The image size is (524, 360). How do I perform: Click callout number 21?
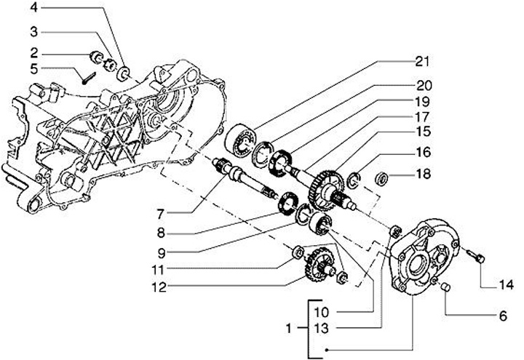pyautogui.click(x=424, y=62)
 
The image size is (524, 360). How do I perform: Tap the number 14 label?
pyautogui.click(x=505, y=285)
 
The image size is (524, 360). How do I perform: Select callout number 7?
pyautogui.click(x=161, y=214)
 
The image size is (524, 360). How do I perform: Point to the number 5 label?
pyautogui.click(x=34, y=69)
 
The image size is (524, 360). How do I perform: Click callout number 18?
pyautogui.click(x=424, y=174)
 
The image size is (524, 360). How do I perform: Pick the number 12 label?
pyautogui.click(x=160, y=287)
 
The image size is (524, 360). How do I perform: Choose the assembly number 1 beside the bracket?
pyautogui.click(x=289, y=329)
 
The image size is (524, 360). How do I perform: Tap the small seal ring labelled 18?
pyautogui.click(x=381, y=178)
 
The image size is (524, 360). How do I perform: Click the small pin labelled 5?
pyautogui.click(x=89, y=79)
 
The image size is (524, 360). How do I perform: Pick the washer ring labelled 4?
pyautogui.click(x=124, y=73)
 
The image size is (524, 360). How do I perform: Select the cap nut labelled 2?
pyautogui.click(x=97, y=56)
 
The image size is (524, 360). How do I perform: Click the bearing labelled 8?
pyautogui.click(x=287, y=204)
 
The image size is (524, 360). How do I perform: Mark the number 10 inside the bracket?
pyautogui.click(x=322, y=313)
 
